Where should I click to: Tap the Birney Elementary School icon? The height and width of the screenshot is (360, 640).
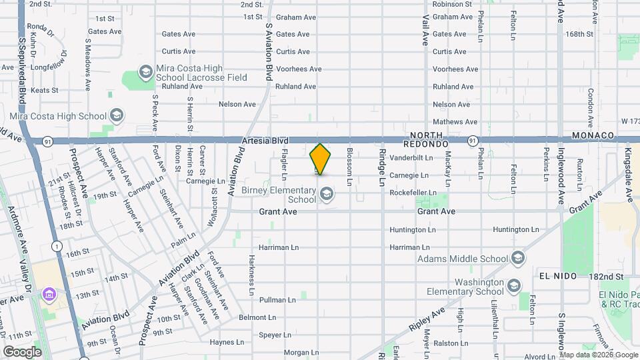(x=327, y=194)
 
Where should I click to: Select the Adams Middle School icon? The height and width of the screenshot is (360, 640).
(x=517, y=259)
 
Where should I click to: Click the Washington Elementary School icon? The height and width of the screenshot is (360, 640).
(x=513, y=286)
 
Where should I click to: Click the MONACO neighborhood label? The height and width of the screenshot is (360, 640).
(x=593, y=135)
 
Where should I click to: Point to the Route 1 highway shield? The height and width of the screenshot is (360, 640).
(x=58, y=247)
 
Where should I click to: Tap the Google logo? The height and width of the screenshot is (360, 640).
(x=22, y=351)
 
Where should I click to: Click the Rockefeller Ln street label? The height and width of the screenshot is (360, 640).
(x=413, y=193)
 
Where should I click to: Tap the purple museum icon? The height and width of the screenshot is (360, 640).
(x=49, y=294)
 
